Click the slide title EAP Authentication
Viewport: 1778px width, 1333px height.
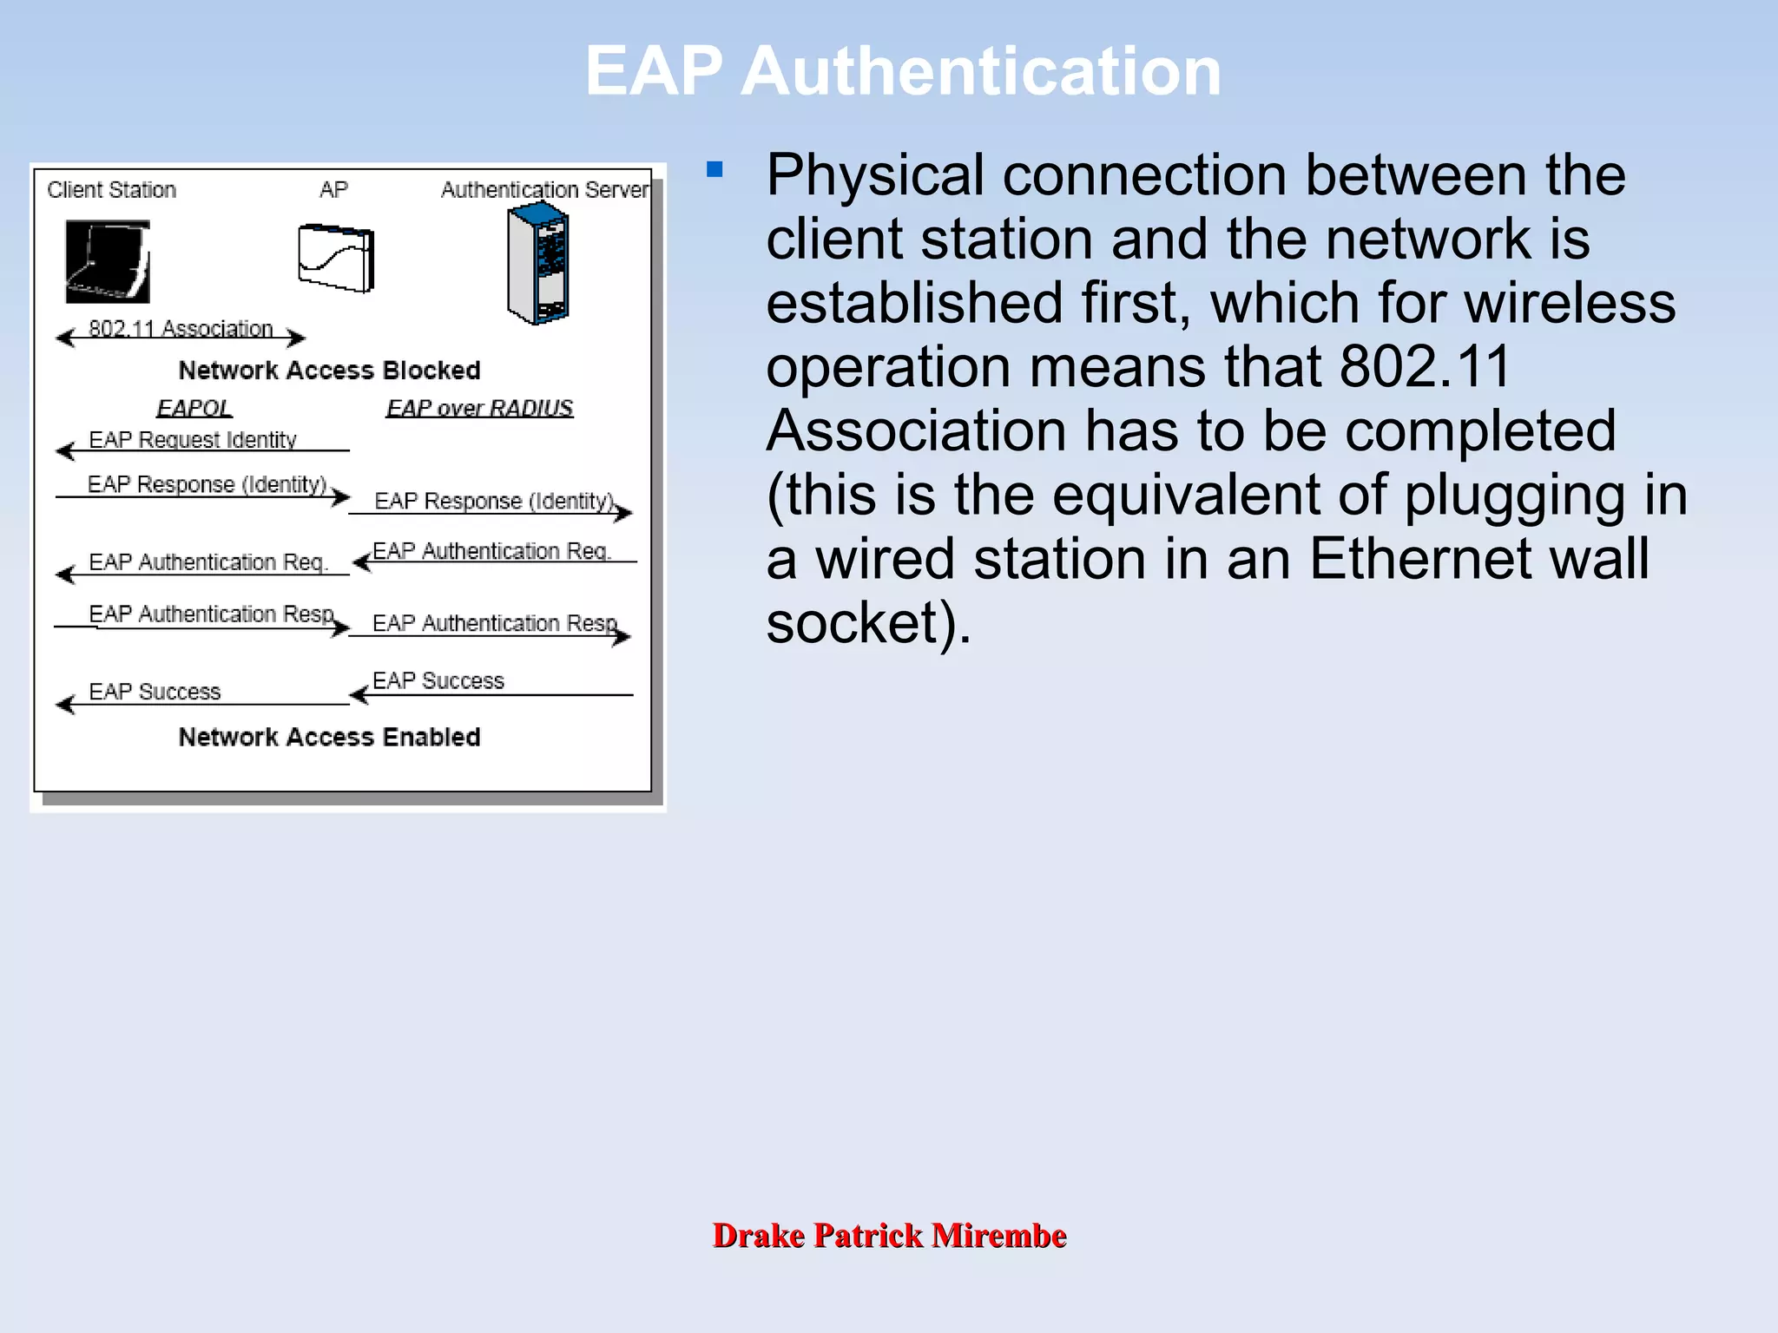click(903, 71)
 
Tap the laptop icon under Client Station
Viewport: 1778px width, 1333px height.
click(108, 261)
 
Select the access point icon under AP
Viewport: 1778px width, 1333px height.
click(336, 258)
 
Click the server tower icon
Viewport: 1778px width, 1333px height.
click(537, 263)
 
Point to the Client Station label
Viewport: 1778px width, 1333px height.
click(111, 190)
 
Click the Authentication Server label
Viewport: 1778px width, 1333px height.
click(544, 190)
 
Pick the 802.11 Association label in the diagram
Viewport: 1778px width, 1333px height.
click(181, 329)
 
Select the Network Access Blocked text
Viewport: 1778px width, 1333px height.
click(329, 371)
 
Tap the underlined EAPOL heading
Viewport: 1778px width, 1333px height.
click(194, 408)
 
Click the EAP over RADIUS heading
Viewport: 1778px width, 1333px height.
click(479, 408)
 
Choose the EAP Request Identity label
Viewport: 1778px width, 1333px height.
click(193, 440)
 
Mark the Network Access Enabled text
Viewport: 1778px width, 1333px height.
click(329, 737)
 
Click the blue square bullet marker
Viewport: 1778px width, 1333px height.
click(714, 169)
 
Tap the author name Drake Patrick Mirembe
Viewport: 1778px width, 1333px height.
click(889, 1235)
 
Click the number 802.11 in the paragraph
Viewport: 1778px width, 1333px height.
click(1425, 366)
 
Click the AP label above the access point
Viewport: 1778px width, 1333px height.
click(333, 190)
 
